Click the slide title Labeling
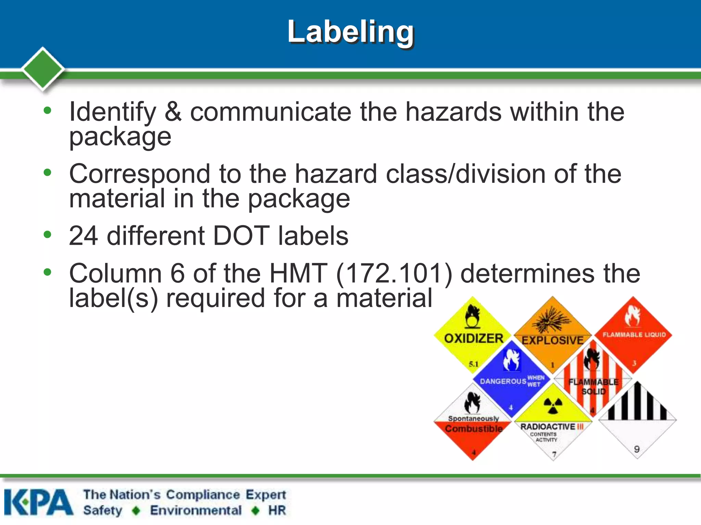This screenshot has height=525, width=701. click(x=350, y=32)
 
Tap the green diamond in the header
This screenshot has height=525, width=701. click(x=43, y=69)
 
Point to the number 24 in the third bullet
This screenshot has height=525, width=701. click(x=83, y=236)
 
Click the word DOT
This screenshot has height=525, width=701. click(x=241, y=236)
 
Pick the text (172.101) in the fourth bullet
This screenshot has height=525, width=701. click(x=394, y=273)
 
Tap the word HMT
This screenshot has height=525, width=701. click(x=298, y=273)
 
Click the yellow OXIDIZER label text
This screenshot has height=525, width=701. click(x=474, y=338)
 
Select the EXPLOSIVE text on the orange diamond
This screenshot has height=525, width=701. click(x=552, y=340)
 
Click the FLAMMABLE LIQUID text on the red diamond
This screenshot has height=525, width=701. click(x=634, y=335)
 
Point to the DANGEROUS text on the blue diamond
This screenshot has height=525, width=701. click(x=503, y=381)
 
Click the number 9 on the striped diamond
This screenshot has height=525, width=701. click(x=637, y=449)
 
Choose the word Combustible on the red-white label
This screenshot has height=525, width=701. click(x=474, y=429)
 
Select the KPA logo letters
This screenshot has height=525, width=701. click(x=38, y=502)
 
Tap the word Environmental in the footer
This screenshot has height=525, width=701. click(x=196, y=510)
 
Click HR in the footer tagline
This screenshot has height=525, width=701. click(x=277, y=510)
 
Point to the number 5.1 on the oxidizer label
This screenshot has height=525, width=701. click(x=474, y=364)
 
